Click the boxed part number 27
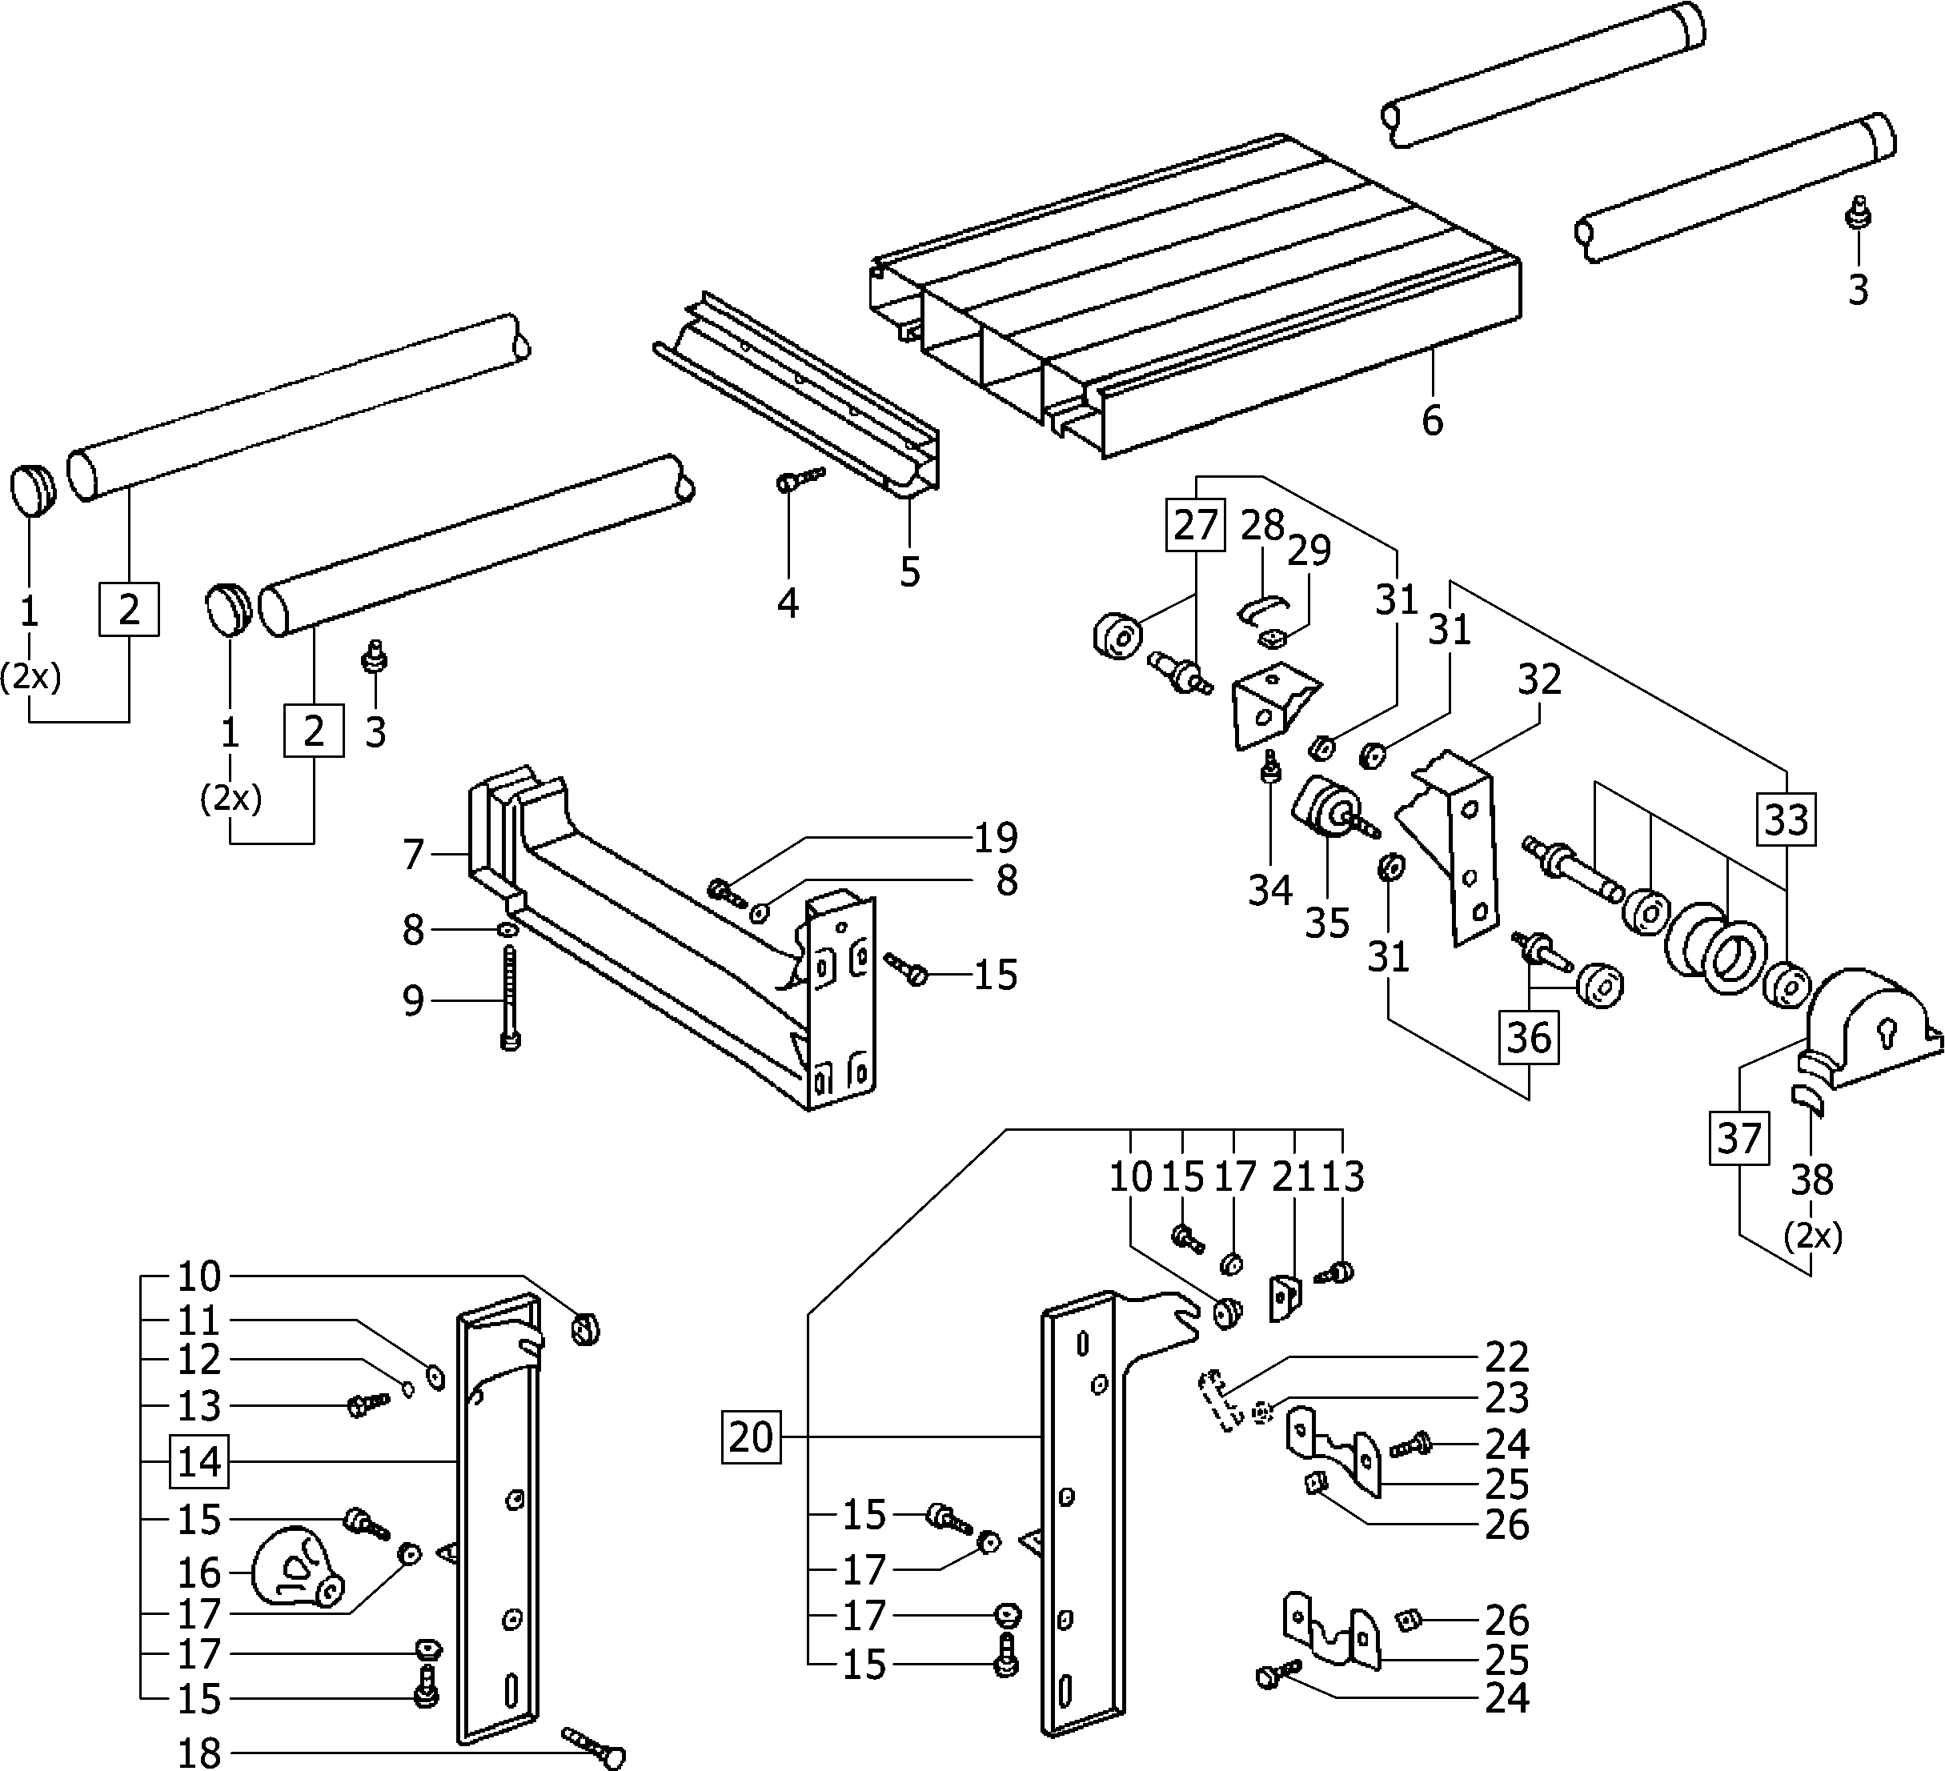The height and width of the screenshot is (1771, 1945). pos(1195,525)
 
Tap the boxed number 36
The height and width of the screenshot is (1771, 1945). pos(1529,1038)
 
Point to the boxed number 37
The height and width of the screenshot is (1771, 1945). pos(1739,1138)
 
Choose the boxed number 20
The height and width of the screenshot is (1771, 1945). pos(752,1437)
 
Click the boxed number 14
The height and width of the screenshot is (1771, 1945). pos(200,1461)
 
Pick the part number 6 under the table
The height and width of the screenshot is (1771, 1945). pos(1433,421)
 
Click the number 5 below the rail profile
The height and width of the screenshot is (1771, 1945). pos(910,572)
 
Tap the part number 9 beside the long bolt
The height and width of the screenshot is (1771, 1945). pos(413,1001)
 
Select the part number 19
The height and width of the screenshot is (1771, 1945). pos(996,837)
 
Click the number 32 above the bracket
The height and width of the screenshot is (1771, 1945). pos(1539,680)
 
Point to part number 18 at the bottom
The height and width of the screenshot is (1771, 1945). pos(200,1753)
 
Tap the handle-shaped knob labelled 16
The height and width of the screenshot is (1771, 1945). pos(295,1569)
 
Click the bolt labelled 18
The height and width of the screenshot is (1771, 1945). pos(594,1747)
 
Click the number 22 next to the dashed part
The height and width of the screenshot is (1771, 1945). pos(1507,1357)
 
